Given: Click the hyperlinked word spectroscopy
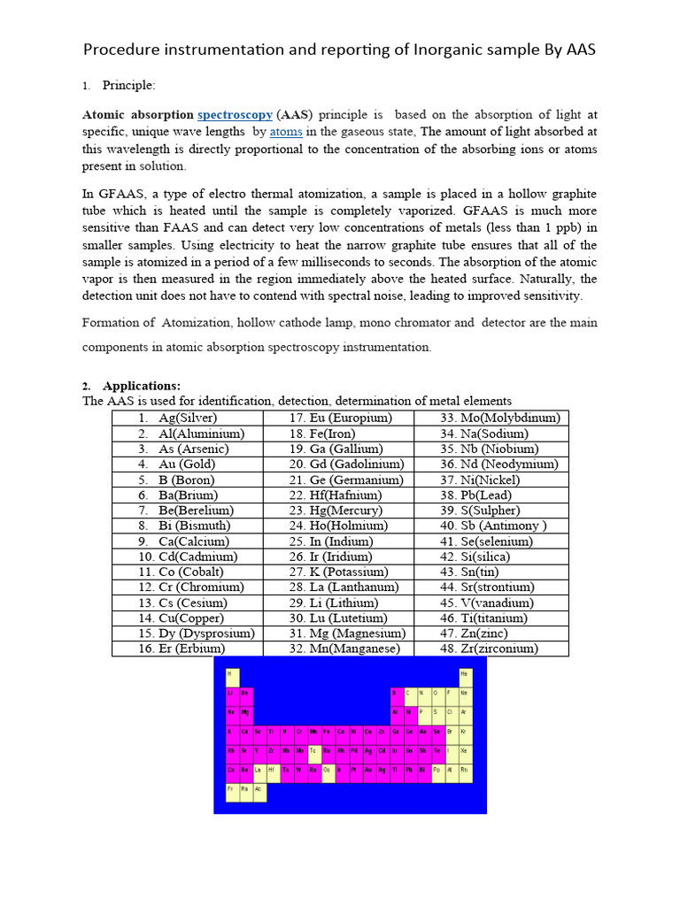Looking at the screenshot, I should [235, 115].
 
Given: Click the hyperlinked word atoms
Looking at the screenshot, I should [286, 132].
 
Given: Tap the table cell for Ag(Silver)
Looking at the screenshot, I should [188, 418].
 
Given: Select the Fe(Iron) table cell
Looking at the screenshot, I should [320, 434].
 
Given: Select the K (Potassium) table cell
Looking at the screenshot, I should [337, 572].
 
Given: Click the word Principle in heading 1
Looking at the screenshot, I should [128, 86].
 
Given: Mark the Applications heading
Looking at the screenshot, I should [142, 386].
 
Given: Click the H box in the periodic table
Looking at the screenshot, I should [233, 674].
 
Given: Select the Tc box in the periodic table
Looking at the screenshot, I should [313, 752].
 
